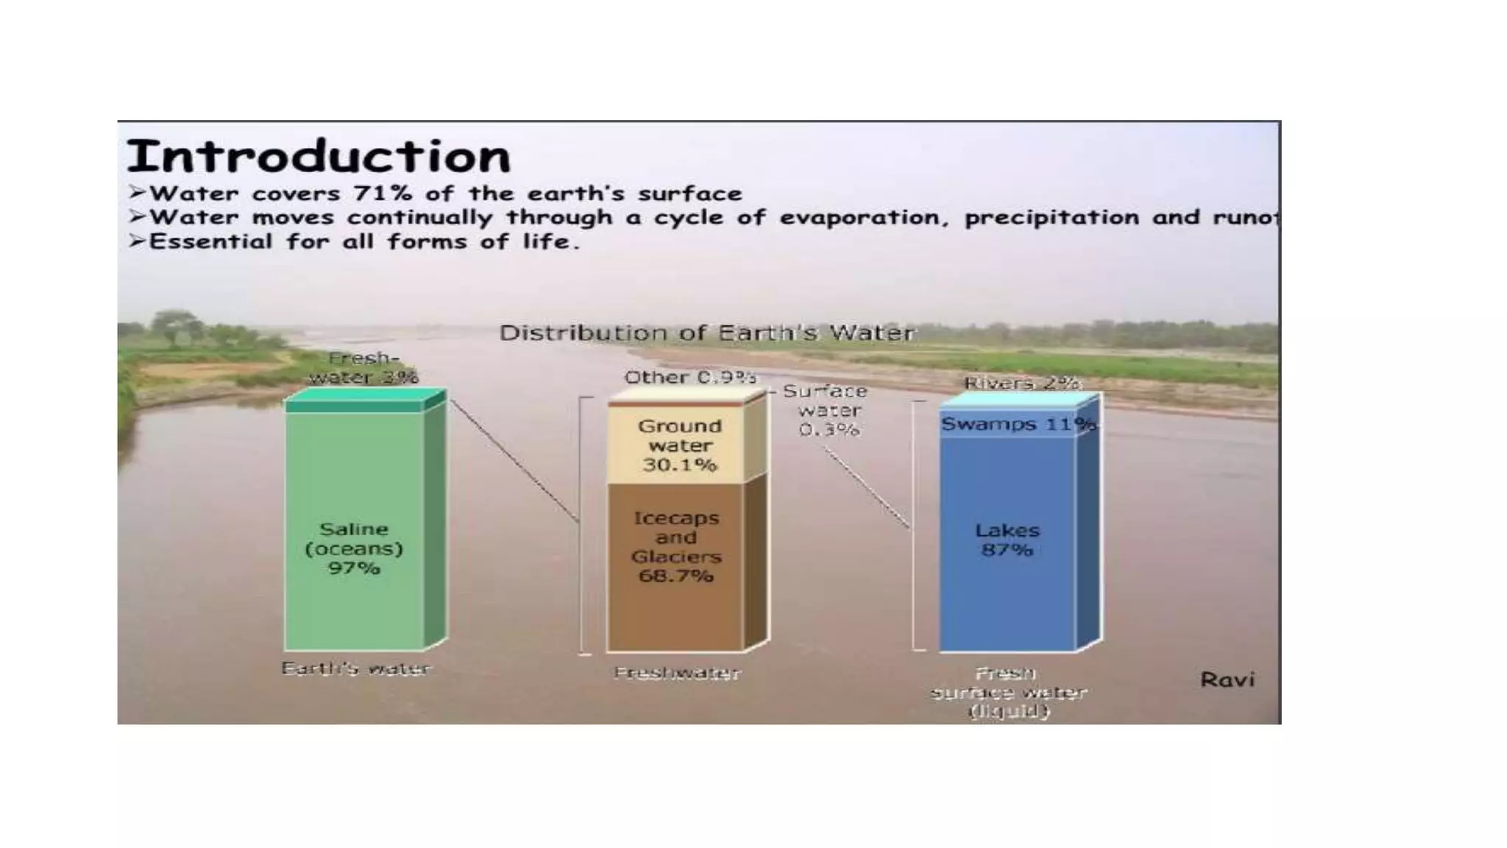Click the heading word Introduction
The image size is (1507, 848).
point(318,156)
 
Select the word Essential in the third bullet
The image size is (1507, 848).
point(210,242)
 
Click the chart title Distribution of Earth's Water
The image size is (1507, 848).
point(706,333)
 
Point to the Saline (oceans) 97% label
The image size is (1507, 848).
point(354,548)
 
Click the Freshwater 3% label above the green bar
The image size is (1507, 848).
point(364,367)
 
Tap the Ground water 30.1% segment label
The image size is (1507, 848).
point(679,445)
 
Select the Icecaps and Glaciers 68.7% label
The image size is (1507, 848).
point(676,547)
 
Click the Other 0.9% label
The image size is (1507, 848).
point(689,378)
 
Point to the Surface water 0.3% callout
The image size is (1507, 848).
point(827,410)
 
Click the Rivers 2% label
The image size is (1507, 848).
point(1021,383)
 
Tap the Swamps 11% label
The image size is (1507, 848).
point(1018,424)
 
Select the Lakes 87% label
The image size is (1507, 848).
point(1007,540)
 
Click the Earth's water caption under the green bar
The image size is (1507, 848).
point(355,669)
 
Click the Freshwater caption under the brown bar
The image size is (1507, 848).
point(677,673)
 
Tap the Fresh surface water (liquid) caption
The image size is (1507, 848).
point(1008,692)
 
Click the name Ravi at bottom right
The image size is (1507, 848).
point(1227,679)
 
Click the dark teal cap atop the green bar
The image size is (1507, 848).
point(355,406)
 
